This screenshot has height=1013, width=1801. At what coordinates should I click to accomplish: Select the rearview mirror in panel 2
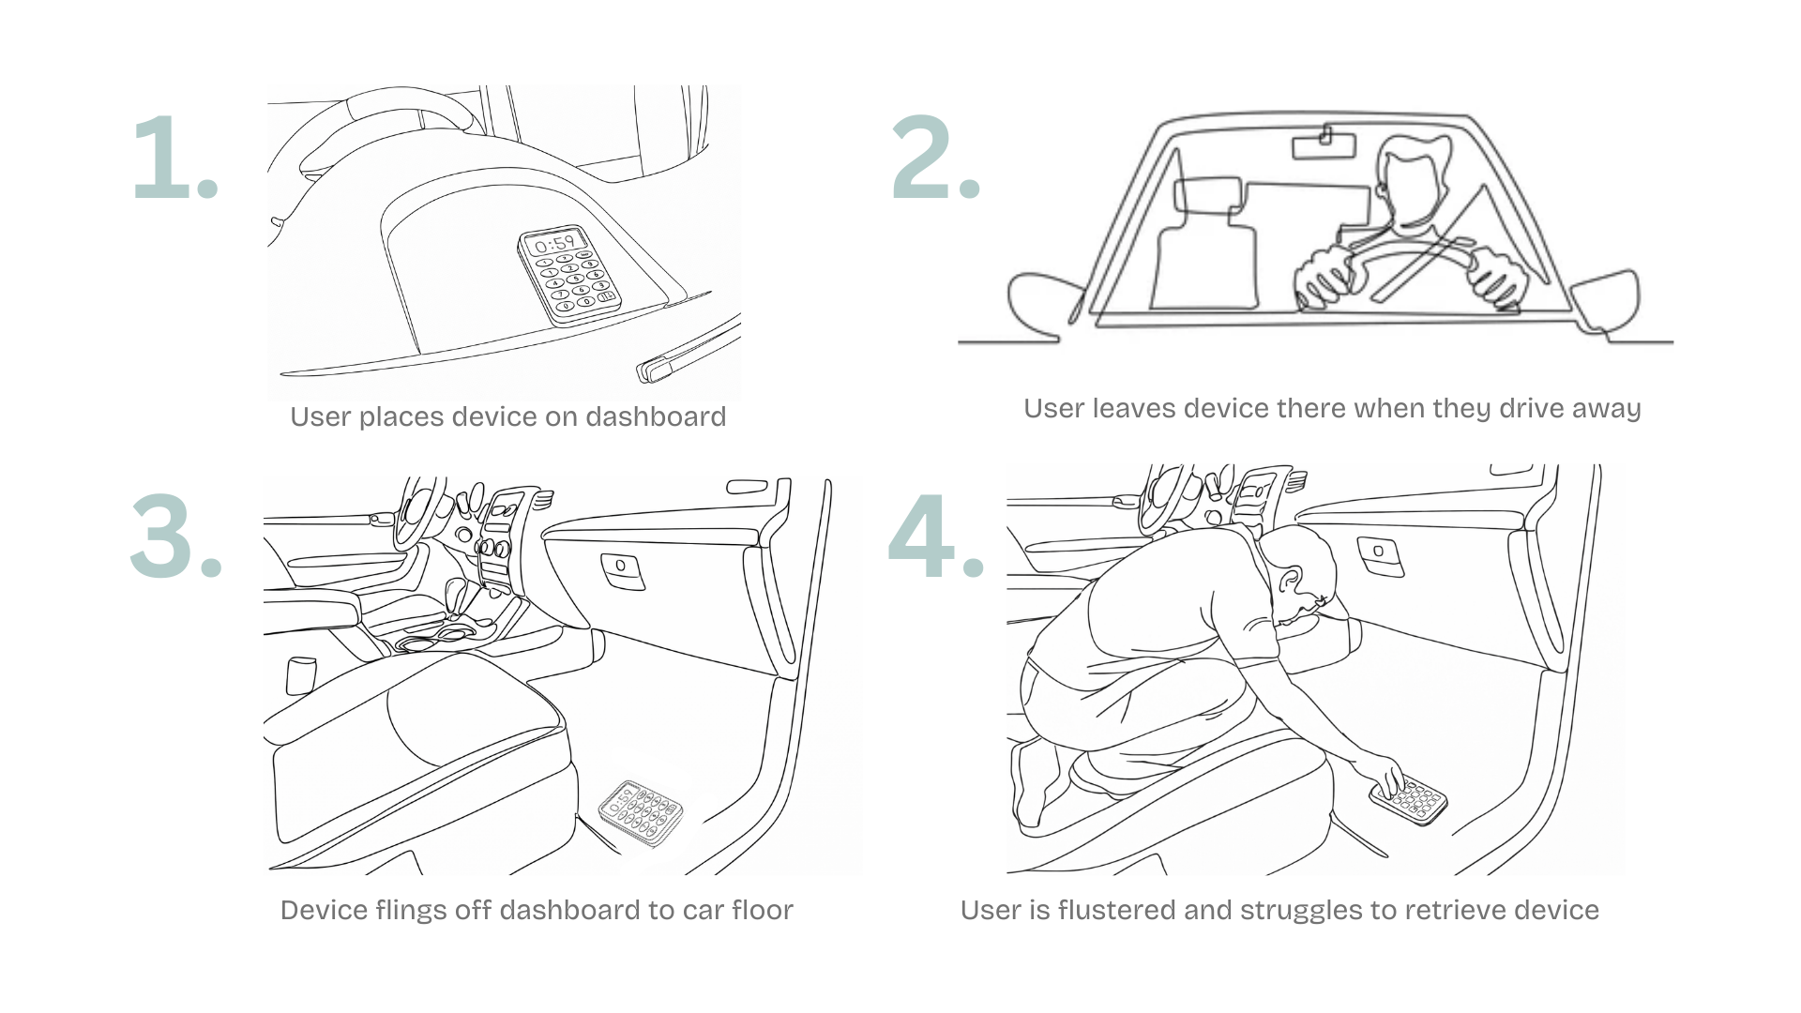click(1324, 146)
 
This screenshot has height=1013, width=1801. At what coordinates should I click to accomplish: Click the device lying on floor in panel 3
click(641, 812)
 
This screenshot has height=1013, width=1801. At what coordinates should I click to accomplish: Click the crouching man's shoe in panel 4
click(1032, 788)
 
